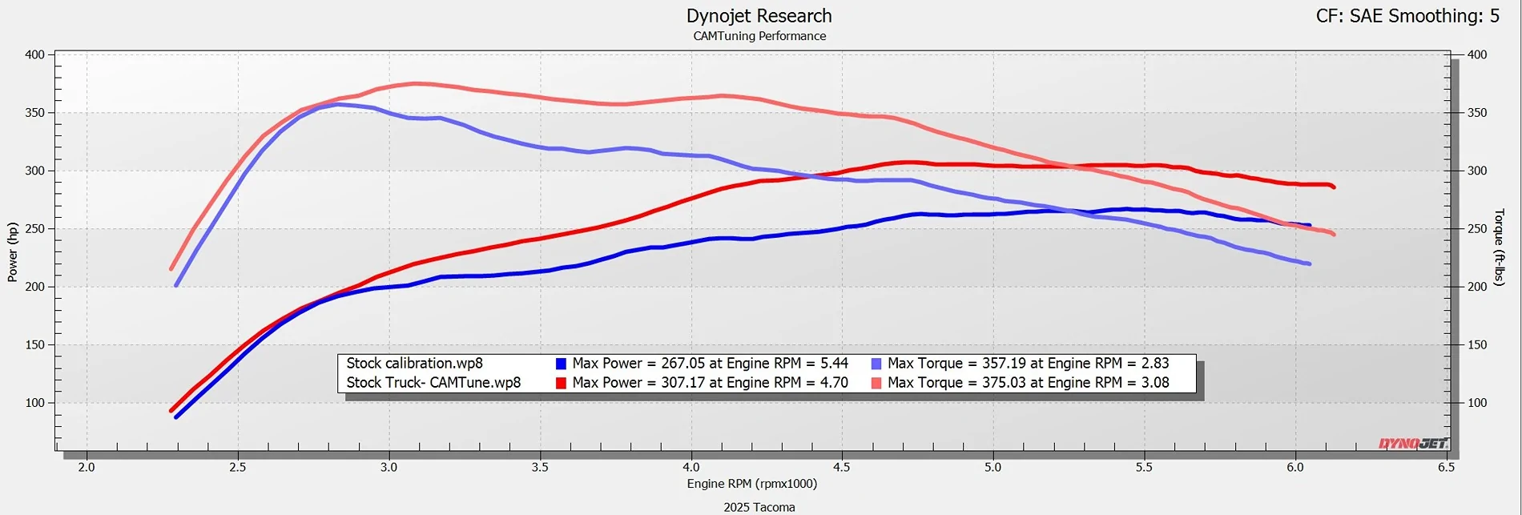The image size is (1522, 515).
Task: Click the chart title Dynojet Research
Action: pyautogui.click(x=759, y=16)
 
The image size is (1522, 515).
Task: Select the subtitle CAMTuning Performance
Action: pyautogui.click(x=759, y=36)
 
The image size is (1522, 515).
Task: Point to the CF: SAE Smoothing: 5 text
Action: pyautogui.click(x=1407, y=16)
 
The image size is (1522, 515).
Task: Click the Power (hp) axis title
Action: pyautogui.click(x=13, y=251)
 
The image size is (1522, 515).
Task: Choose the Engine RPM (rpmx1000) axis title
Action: pyautogui.click(x=751, y=484)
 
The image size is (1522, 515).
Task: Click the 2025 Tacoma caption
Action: pyautogui.click(x=759, y=507)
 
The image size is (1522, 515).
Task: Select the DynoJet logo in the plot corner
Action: pyautogui.click(x=1413, y=443)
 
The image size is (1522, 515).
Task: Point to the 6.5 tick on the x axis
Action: pyautogui.click(x=1446, y=468)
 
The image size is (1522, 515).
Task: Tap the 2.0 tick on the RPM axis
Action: pyautogui.click(x=87, y=468)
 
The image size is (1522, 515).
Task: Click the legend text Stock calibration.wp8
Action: pyautogui.click(x=414, y=364)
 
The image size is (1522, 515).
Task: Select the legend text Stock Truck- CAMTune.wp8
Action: pyautogui.click(x=433, y=383)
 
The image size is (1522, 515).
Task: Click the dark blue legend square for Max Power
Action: pyautogui.click(x=561, y=364)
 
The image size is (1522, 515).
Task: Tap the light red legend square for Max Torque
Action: pyautogui.click(x=876, y=383)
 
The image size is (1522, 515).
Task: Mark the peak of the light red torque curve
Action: pyautogui.click(x=413, y=83)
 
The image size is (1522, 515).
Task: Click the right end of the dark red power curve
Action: pyautogui.click(x=1333, y=187)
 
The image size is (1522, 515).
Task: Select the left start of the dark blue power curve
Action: pyautogui.click(x=176, y=416)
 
